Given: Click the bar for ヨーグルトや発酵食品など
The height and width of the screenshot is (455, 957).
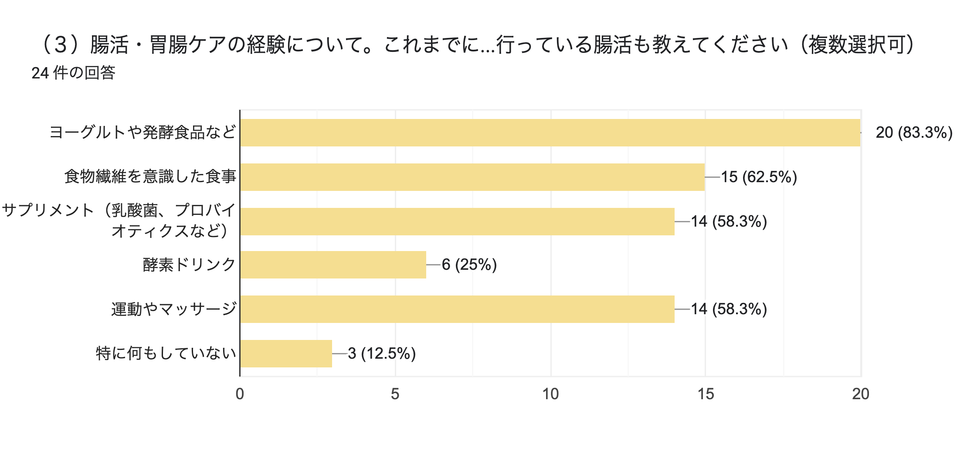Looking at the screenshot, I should [x=550, y=132].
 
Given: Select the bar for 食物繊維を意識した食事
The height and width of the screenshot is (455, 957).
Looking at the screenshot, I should [x=472, y=177].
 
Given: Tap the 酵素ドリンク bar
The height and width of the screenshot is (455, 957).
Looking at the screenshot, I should [x=333, y=265].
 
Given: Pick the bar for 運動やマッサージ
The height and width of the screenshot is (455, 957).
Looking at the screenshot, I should [x=457, y=309].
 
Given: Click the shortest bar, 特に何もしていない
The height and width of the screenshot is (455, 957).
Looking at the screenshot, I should [x=286, y=353].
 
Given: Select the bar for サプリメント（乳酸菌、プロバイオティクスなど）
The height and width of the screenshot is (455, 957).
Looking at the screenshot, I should [x=457, y=221].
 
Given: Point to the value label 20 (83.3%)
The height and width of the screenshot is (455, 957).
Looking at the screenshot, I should [x=914, y=132].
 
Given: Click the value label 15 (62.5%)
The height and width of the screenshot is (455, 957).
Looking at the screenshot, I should [x=759, y=177].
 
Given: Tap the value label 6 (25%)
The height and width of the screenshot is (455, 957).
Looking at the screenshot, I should [x=469, y=265].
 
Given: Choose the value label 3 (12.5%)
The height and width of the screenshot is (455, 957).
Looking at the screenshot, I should [x=382, y=353].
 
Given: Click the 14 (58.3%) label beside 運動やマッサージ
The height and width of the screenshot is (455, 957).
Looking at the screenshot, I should [x=729, y=309].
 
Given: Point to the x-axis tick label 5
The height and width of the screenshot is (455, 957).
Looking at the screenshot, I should [x=395, y=394].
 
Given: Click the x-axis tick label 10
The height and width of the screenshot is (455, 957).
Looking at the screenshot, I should [x=550, y=394].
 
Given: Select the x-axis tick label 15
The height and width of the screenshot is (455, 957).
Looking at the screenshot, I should [x=706, y=394].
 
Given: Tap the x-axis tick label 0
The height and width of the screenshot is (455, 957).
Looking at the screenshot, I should [x=240, y=394].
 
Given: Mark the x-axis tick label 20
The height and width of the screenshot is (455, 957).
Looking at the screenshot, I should [x=861, y=394].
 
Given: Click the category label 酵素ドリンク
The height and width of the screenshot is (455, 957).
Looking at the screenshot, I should [x=189, y=265].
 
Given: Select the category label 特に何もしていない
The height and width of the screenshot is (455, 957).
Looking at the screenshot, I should [x=166, y=353].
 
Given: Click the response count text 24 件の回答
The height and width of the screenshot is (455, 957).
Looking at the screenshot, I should [x=73, y=73].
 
